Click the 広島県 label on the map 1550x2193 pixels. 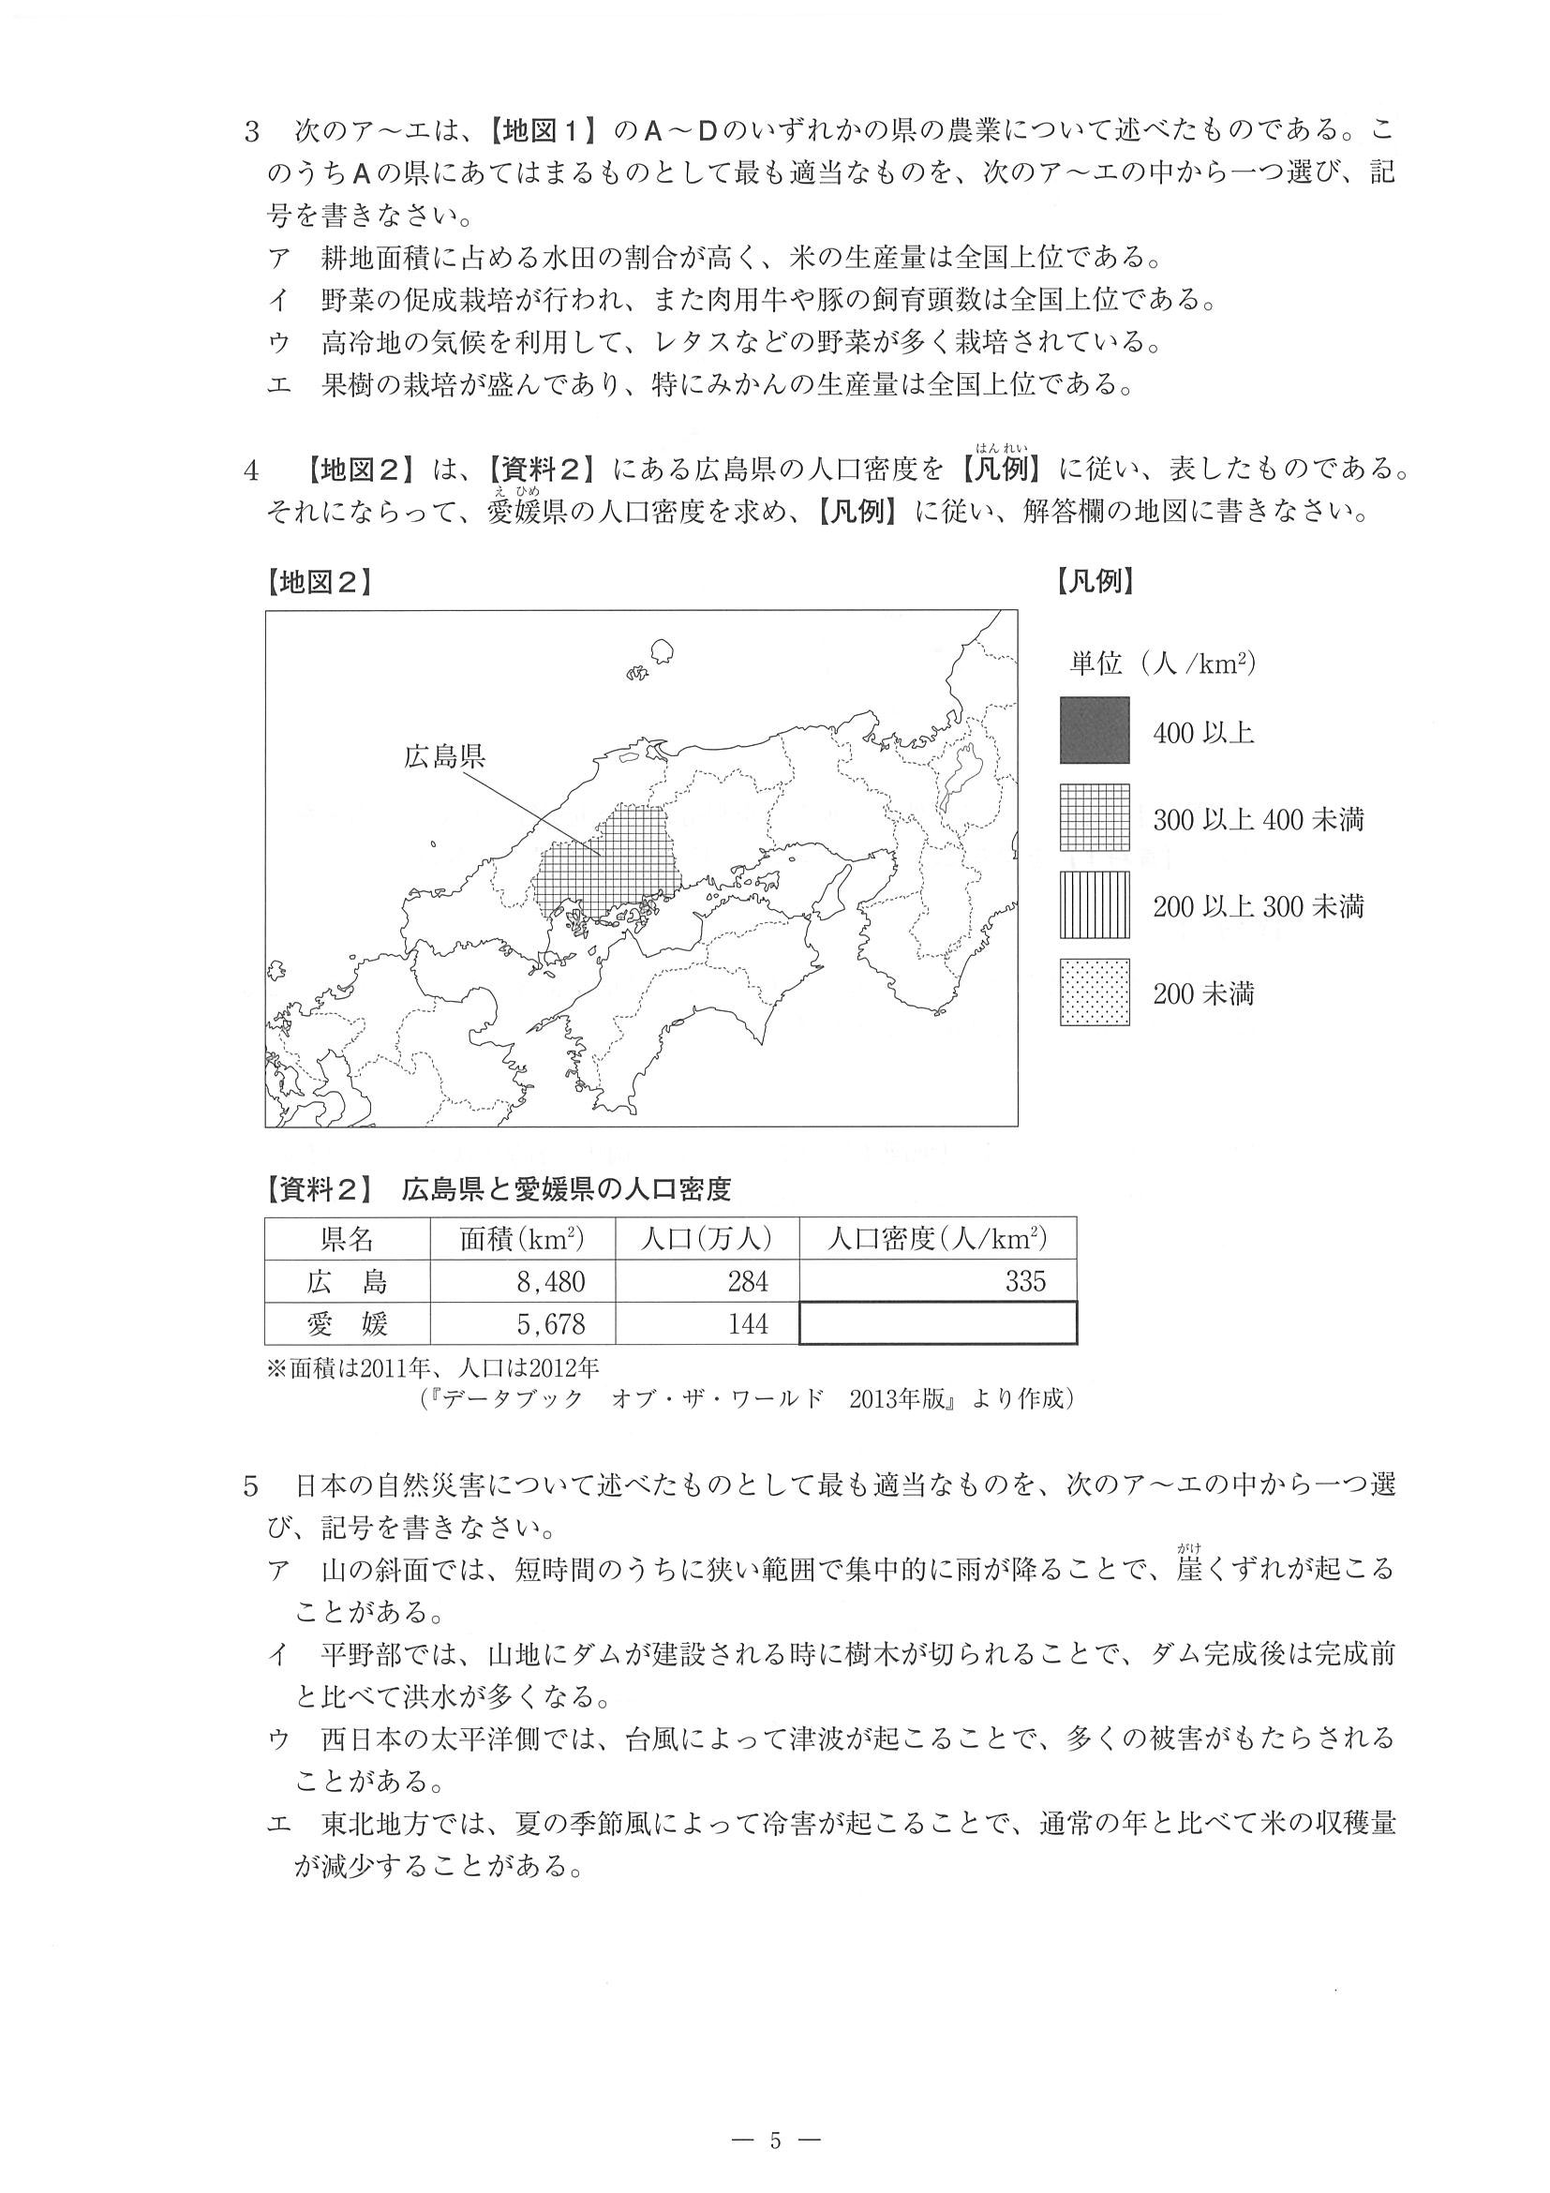[x=444, y=756]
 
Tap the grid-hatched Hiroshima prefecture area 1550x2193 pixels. [x=611, y=864]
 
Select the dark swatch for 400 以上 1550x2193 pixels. [x=1095, y=731]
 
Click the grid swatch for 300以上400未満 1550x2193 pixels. [x=1095, y=817]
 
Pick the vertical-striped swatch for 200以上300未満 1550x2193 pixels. [x=1095, y=904]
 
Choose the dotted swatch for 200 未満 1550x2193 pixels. [x=1095, y=992]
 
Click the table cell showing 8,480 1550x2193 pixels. [x=522, y=1281]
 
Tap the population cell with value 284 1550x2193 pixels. [x=707, y=1281]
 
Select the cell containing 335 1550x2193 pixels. [x=938, y=1281]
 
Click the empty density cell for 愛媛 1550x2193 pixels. [x=938, y=1323]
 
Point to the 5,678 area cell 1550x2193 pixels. [x=522, y=1323]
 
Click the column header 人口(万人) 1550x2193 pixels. [x=707, y=1239]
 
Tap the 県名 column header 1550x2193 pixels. [x=348, y=1239]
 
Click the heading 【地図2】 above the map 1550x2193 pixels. [x=319, y=582]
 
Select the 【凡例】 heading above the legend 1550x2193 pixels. [x=1095, y=582]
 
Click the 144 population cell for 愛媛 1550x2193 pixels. [x=707, y=1323]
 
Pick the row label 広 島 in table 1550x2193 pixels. [x=348, y=1281]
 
